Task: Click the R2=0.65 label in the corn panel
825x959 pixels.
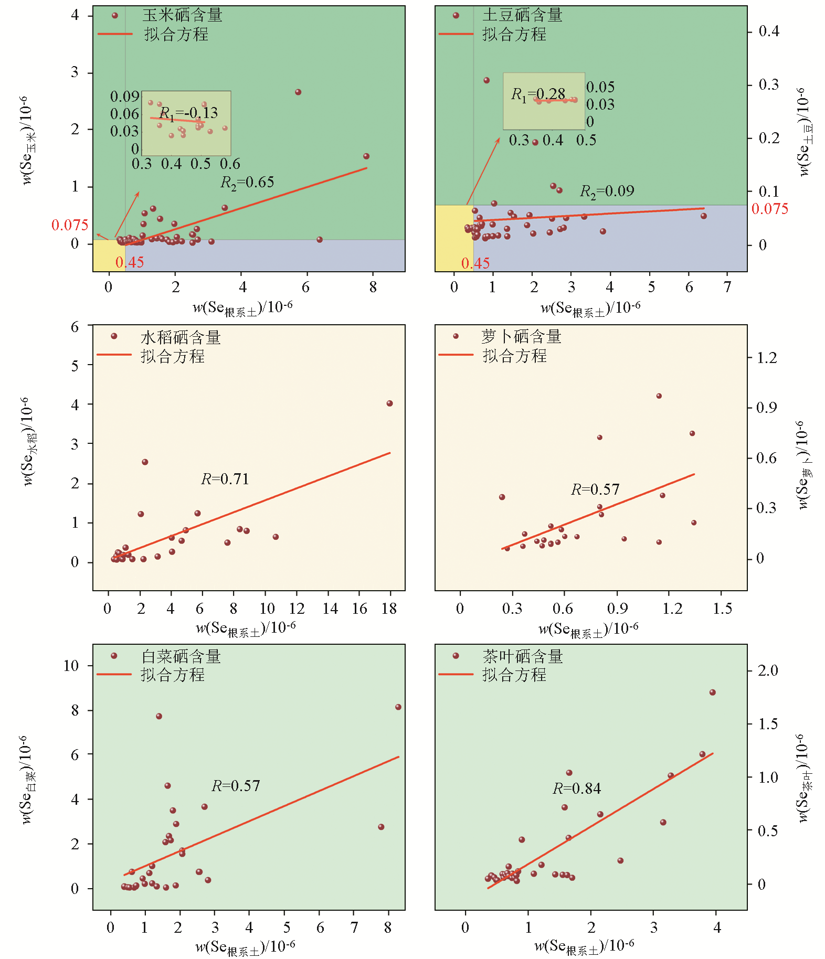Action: click(x=247, y=183)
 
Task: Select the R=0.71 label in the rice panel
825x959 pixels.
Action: click(x=225, y=479)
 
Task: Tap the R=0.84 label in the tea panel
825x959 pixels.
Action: click(x=577, y=788)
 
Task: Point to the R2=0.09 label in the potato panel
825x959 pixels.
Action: click(x=607, y=191)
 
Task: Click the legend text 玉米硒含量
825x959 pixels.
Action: click(x=182, y=15)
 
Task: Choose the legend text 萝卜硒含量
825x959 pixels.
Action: click(x=521, y=337)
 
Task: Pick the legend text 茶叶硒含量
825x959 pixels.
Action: click(x=522, y=656)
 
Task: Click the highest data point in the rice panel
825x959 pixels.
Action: click(x=389, y=403)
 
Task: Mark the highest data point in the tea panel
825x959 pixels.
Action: click(x=712, y=692)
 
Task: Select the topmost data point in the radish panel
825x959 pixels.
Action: click(x=659, y=396)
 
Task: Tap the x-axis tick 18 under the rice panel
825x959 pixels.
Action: click(x=389, y=609)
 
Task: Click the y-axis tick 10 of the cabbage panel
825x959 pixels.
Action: click(x=71, y=666)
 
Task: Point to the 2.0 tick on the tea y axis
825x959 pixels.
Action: click(x=768, y=670)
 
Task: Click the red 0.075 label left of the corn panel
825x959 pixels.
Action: click(x=70, y=225)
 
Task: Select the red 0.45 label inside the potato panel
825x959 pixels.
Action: click(x=475, y=263)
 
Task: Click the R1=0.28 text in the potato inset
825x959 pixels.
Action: click(x=538, y=94)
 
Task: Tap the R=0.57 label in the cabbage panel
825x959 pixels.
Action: click(x=236, y=786)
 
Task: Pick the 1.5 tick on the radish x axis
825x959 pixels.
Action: click(x=722, y=609)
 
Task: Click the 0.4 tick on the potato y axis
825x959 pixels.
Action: click(x=769, y=31)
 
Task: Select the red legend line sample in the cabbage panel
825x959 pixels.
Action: click(x=114, y=674)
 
